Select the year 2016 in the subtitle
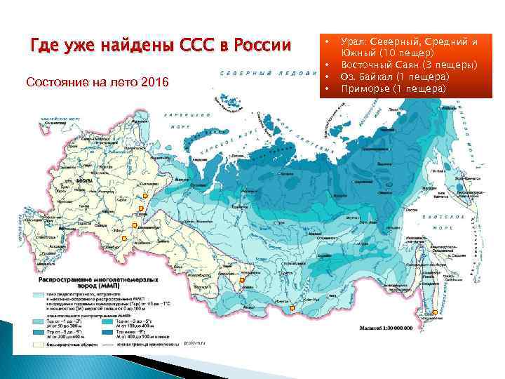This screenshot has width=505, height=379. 154,82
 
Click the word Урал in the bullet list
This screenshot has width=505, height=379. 353,42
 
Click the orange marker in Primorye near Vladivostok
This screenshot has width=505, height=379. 435,312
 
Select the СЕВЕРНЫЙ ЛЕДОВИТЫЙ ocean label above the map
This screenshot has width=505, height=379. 267,73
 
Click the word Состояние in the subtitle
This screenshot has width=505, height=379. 55,82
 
